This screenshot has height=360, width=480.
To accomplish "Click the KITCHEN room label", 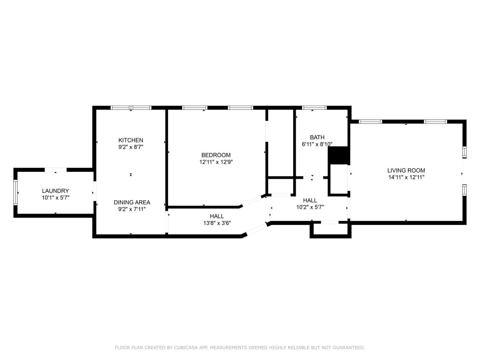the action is pos(131,140).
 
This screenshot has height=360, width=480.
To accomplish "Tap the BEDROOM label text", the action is pos(216,155).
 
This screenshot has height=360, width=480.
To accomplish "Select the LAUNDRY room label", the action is pos(55,191).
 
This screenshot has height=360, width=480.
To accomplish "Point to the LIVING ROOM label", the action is pos(406,170).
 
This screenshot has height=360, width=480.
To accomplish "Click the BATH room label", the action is pos(317,137).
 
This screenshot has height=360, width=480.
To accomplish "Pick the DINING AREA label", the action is pos(132,202).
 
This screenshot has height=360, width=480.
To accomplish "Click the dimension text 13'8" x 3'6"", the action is pos(217,223).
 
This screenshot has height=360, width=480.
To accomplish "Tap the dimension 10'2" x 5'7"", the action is pos(310,207).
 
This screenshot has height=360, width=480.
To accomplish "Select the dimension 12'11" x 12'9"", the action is pos(216,162).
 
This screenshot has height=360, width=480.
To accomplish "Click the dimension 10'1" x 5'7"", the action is pos(56,198).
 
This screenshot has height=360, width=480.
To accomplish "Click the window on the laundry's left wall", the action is pos(15,192).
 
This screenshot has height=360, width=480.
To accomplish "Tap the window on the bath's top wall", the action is pos(314,108).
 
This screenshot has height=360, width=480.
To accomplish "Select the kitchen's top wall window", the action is pos(131,108).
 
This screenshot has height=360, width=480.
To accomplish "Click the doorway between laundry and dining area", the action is pos(95,191).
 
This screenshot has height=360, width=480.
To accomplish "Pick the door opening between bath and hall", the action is pos(313,178).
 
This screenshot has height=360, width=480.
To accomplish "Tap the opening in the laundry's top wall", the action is pos(56,170).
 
